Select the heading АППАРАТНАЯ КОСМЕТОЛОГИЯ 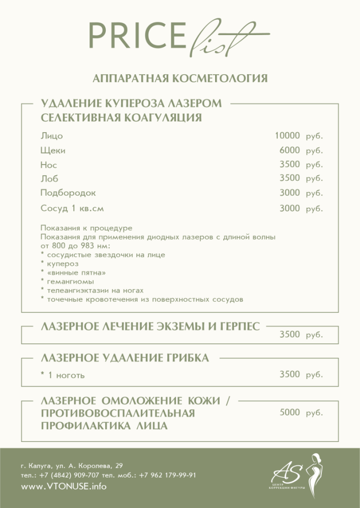point(180,78)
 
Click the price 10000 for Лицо point(287,136)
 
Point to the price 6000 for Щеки point(290,150)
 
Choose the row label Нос point(48,165)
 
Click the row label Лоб point(49,179)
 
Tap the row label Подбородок point(68,194)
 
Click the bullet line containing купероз point(61,263)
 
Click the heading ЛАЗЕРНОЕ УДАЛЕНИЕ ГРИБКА point(125,358)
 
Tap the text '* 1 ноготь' point(62,376)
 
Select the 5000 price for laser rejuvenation point(290,413)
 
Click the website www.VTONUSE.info point(64,486)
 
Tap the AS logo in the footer point(295,475)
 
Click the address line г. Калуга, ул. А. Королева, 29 point(71,465)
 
